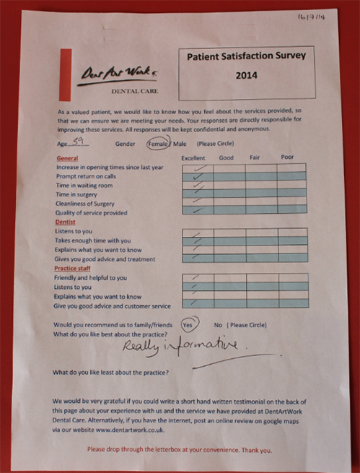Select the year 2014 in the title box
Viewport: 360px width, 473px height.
point(246,74)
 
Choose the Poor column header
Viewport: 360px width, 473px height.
point(287,157)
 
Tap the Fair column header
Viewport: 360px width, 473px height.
point(255,157)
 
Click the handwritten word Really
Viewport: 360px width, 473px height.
point(139,348)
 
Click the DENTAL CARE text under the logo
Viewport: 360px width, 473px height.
point(133,92)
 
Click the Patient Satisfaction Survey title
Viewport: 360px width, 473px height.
point(246,56)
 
